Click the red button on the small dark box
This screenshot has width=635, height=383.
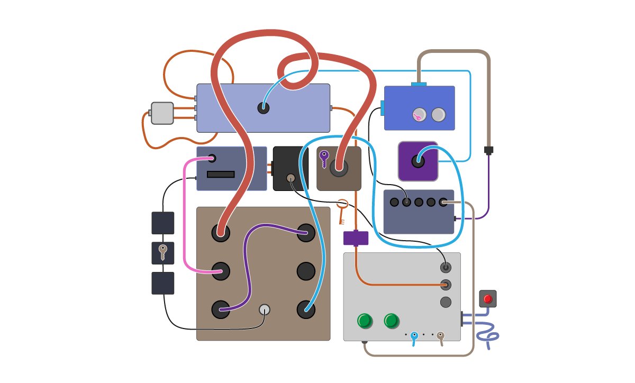pyautogui.click(x=488, y=299)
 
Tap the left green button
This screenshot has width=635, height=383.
pyautogui.click(x=365, y=321)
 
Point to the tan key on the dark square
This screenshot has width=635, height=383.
pyautogui.click(x=162, y=252)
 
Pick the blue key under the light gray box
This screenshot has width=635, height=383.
pyautogui.click(x=414, y=338)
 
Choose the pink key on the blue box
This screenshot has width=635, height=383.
pyautogui.click(x=418, y=115)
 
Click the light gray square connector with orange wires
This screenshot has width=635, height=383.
pyautogui.click(x=162, y=113)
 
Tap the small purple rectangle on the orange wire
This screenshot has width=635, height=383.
pyautogui.click(x=356, y=238)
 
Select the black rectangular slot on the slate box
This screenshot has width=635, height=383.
pyautogui.click(x=221, y=174)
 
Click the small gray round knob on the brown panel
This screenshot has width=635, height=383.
pyautogui.click(x=265, y=309)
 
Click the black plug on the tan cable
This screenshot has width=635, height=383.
pyautogui.click(x=488, y=150)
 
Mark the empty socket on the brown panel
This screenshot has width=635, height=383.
pyautogui.click(x=306, y=271)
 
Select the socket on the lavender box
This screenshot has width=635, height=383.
pyautogui.click(x=263, y=108)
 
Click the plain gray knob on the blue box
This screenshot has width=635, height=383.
pyautogui.click(x=439, y=114)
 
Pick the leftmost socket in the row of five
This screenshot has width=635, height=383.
pyautogui.click(x=394, y=202)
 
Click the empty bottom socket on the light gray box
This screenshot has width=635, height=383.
pyautogui.click(x=446, y=302)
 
